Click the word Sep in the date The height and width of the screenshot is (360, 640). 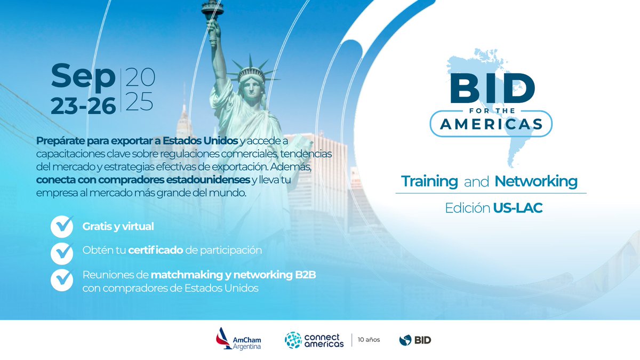tap(83, 77)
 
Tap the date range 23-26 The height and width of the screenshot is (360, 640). tap(83, 105)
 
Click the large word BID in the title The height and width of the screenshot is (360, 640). tap(491, 89)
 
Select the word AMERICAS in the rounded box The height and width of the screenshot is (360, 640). tap(491, 124)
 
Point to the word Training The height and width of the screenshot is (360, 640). tap(429, 181)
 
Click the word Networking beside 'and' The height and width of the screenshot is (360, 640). tap(536, 181)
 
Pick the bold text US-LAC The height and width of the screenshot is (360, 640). tap(517, 208)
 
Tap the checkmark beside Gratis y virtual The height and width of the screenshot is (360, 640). tap(62, 226)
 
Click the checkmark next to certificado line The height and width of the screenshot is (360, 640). tap(62, 252)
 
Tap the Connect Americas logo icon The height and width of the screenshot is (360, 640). tap(293, 340)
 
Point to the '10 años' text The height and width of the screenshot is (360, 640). tap(369, 340)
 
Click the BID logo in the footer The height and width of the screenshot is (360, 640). tap(415, 340)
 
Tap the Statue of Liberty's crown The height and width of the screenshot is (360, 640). tap(251, 72)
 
